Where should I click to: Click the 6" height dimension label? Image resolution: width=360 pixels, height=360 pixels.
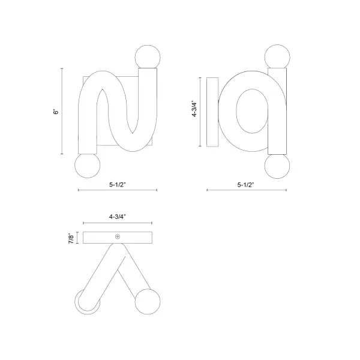[56, 112]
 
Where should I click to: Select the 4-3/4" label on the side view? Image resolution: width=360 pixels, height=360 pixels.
[194, 109]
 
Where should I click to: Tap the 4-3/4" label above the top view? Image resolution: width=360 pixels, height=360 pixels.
[118, 217]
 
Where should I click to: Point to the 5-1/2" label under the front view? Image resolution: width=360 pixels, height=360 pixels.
[118, 185]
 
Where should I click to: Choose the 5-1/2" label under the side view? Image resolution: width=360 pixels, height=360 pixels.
[245, 185]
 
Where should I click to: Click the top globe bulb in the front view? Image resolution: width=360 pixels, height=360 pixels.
[148, 58]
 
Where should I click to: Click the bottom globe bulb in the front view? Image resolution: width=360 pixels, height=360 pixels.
[88, 166]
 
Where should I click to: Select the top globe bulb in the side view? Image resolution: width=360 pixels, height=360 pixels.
[277, 57]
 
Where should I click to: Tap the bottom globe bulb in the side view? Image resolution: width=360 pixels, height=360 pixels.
[277, 166]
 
